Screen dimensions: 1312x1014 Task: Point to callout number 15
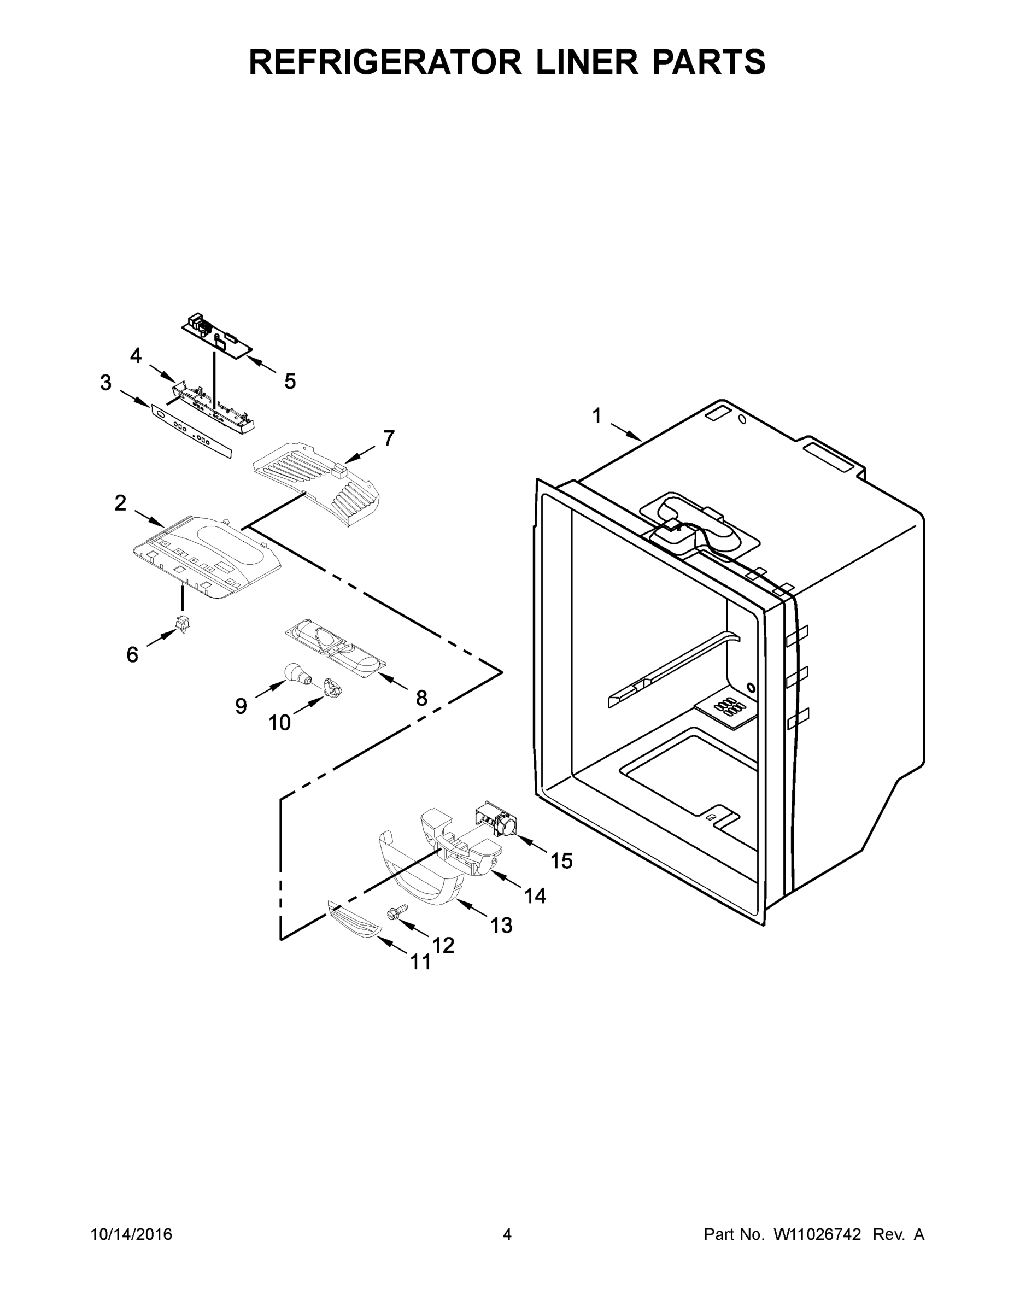click(x=562, y=861)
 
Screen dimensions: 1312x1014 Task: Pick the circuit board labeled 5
click(x=218, y=338)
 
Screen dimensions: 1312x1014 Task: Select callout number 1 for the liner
click(x=596, y=415)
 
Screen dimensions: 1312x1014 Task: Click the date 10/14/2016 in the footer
click(x=132, y=1234)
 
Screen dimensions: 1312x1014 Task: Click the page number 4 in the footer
click(x=507, y=1234)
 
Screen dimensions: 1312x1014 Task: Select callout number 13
click(x=501, y=925)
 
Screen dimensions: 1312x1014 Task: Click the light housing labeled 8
click(x=335, y=647)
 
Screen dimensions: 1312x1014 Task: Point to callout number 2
click(x=121, y=503)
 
